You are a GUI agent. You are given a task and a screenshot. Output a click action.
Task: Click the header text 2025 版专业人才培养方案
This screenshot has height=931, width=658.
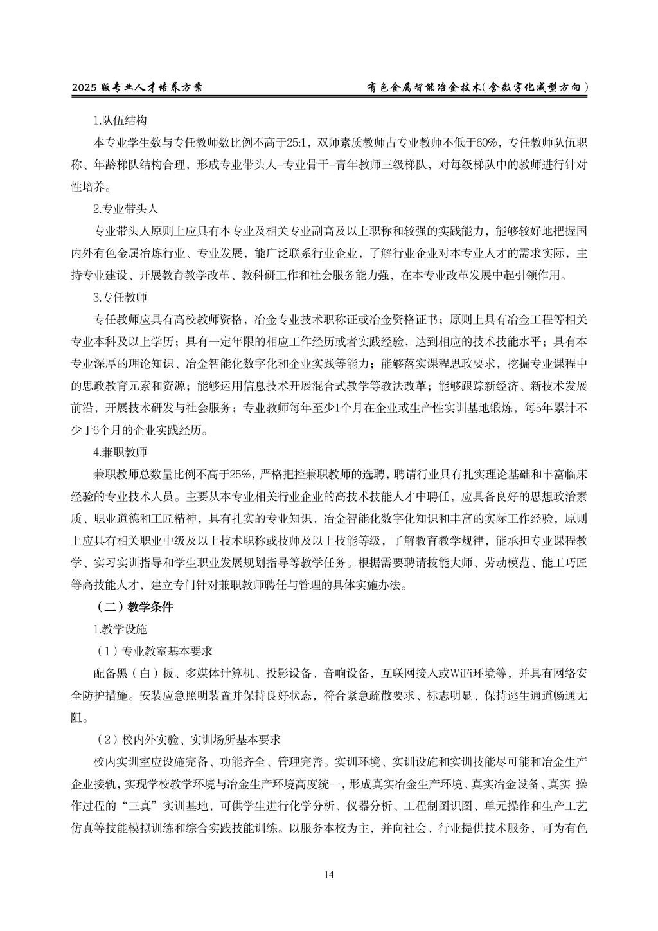click(137, 87)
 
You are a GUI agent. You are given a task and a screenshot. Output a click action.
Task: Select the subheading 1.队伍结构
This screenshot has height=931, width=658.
click(120, 120)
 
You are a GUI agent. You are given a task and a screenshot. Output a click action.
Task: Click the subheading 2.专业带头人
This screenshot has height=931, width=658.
click(125, 209)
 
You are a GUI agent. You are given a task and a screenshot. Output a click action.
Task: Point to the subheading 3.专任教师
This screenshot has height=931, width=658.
click(120, 298)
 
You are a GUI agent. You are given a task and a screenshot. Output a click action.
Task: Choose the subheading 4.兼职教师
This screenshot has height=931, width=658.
click(120, 452)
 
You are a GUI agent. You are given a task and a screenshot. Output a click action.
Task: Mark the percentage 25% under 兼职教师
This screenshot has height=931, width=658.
click(241, 475)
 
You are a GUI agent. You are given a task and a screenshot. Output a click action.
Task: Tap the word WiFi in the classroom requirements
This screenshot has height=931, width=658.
click(440, 673)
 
